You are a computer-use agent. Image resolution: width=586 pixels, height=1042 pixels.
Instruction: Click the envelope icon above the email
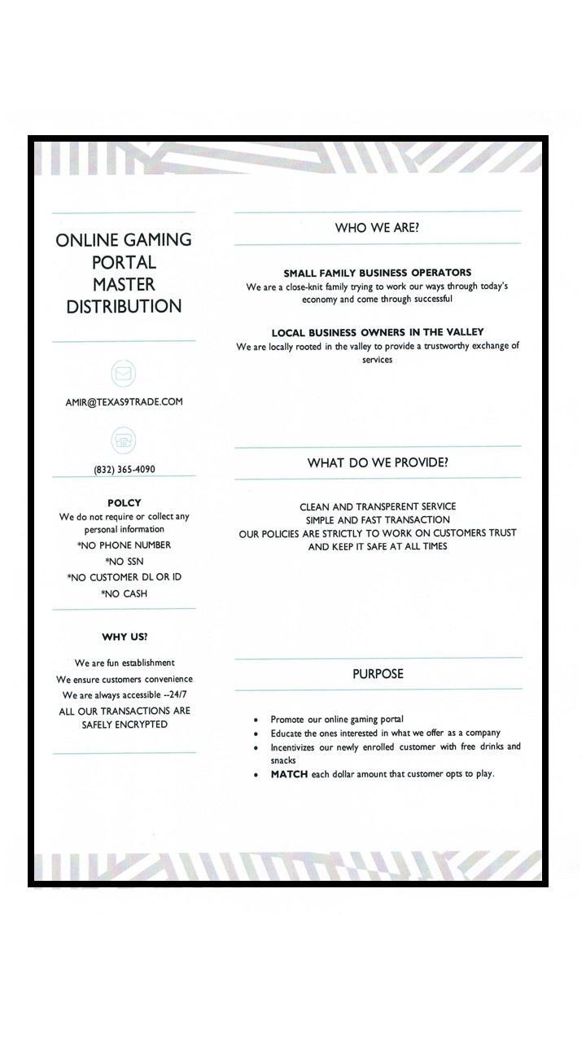(x=123, y=374)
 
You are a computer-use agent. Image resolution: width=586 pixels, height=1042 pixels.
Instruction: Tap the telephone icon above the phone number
(x=123, y=440)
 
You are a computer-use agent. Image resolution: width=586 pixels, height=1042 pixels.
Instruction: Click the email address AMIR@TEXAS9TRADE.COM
(x=124, y=401)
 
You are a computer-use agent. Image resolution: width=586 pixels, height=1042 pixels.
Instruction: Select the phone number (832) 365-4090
(x=124, y=470)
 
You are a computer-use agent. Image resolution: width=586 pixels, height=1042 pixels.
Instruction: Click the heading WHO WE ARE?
(x=377, y=228)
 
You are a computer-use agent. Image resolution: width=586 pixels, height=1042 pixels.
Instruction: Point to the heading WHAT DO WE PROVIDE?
(x=378, y=463)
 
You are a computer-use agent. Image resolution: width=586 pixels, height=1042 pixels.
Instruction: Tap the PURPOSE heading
(x=378, y=674)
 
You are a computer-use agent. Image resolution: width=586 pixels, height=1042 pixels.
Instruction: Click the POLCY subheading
(x=124, y=503)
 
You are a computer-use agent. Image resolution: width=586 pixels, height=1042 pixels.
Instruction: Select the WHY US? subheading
(x=125, y=637)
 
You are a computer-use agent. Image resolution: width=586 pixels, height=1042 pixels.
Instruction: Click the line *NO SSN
(x=124, y=562)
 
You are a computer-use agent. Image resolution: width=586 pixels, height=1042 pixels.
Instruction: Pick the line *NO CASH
(x=124, y=594)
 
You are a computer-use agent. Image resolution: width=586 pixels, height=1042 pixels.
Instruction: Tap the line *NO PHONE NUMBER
(x=124, y=545)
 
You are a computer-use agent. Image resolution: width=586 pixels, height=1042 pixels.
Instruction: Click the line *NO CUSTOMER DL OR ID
(x=124, y=578)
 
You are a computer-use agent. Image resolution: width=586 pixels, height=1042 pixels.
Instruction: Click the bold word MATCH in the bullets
(x=289, y=774)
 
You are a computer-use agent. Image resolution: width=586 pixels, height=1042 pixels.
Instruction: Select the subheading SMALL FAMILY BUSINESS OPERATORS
(x=377, y=273)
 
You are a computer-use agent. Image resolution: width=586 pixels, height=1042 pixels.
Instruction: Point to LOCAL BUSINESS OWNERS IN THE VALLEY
(x=377, y=332)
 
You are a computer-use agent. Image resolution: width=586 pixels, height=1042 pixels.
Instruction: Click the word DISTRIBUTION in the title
(x=124, y=307)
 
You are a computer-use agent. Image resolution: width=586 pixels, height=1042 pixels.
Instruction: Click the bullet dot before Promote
(x=256, y=720)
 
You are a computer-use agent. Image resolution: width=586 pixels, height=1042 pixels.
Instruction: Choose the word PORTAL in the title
(x=124, y=262)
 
